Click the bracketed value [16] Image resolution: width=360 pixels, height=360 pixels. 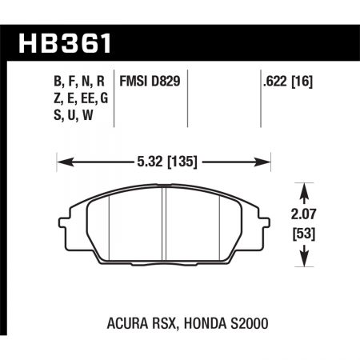click(302, 80)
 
